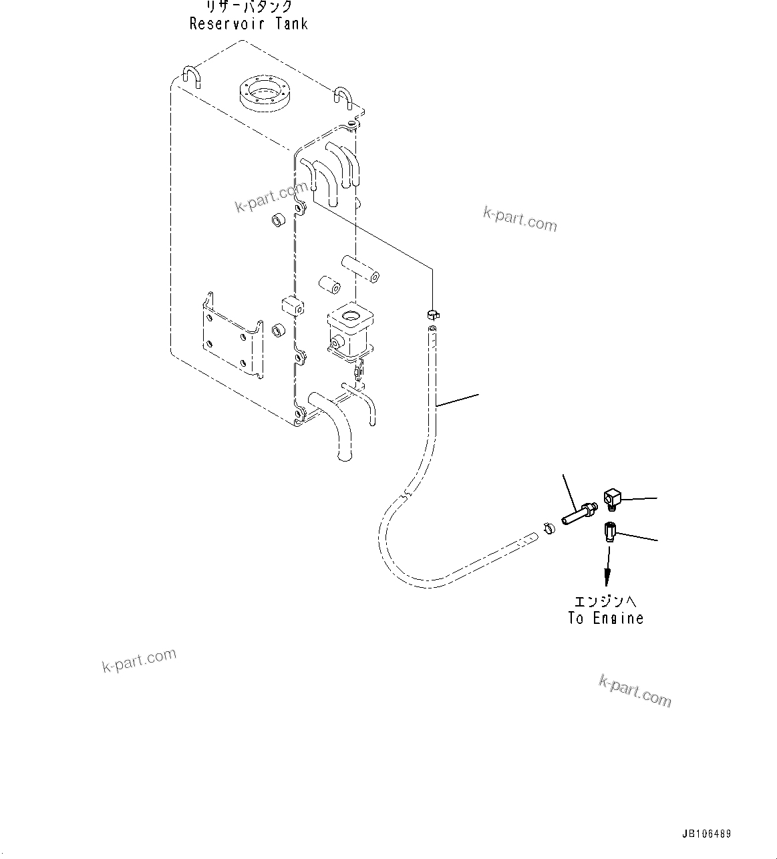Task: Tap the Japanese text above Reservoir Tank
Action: [x=248, y=7]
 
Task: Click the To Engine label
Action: [x=606, y=619]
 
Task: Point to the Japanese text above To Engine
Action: [x=606, y=601]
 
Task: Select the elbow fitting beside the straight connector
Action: [x=613, y=498]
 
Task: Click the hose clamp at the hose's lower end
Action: [x=549, y=528]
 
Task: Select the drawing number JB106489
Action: [x=706, y=834]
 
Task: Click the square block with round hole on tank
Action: [x=348, y=327]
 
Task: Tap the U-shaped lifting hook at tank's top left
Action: [x=192, y=76]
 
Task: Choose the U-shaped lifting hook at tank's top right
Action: [x=343, y=98]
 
